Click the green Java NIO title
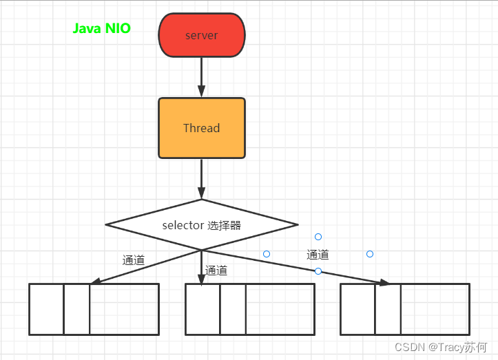pos(102,29)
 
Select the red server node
pos(201,35)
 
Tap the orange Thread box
pos(201,128)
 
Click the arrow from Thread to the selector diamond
pos(201,178)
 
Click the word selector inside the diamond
pos(183,225)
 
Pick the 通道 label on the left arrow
pos(134,260)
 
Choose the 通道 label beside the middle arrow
pos(216,271)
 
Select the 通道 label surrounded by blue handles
pos(318,255)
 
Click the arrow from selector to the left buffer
pos(145,266)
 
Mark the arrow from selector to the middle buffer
pos(201,265)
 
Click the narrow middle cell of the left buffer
pos(76,309)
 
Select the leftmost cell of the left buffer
pos(46,309)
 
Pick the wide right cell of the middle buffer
pos(280,309)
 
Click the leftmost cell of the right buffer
pos(357,309)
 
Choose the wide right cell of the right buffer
pos(435,309)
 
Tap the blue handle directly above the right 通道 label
pos(318,237)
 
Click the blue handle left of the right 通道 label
pos(267,254)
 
